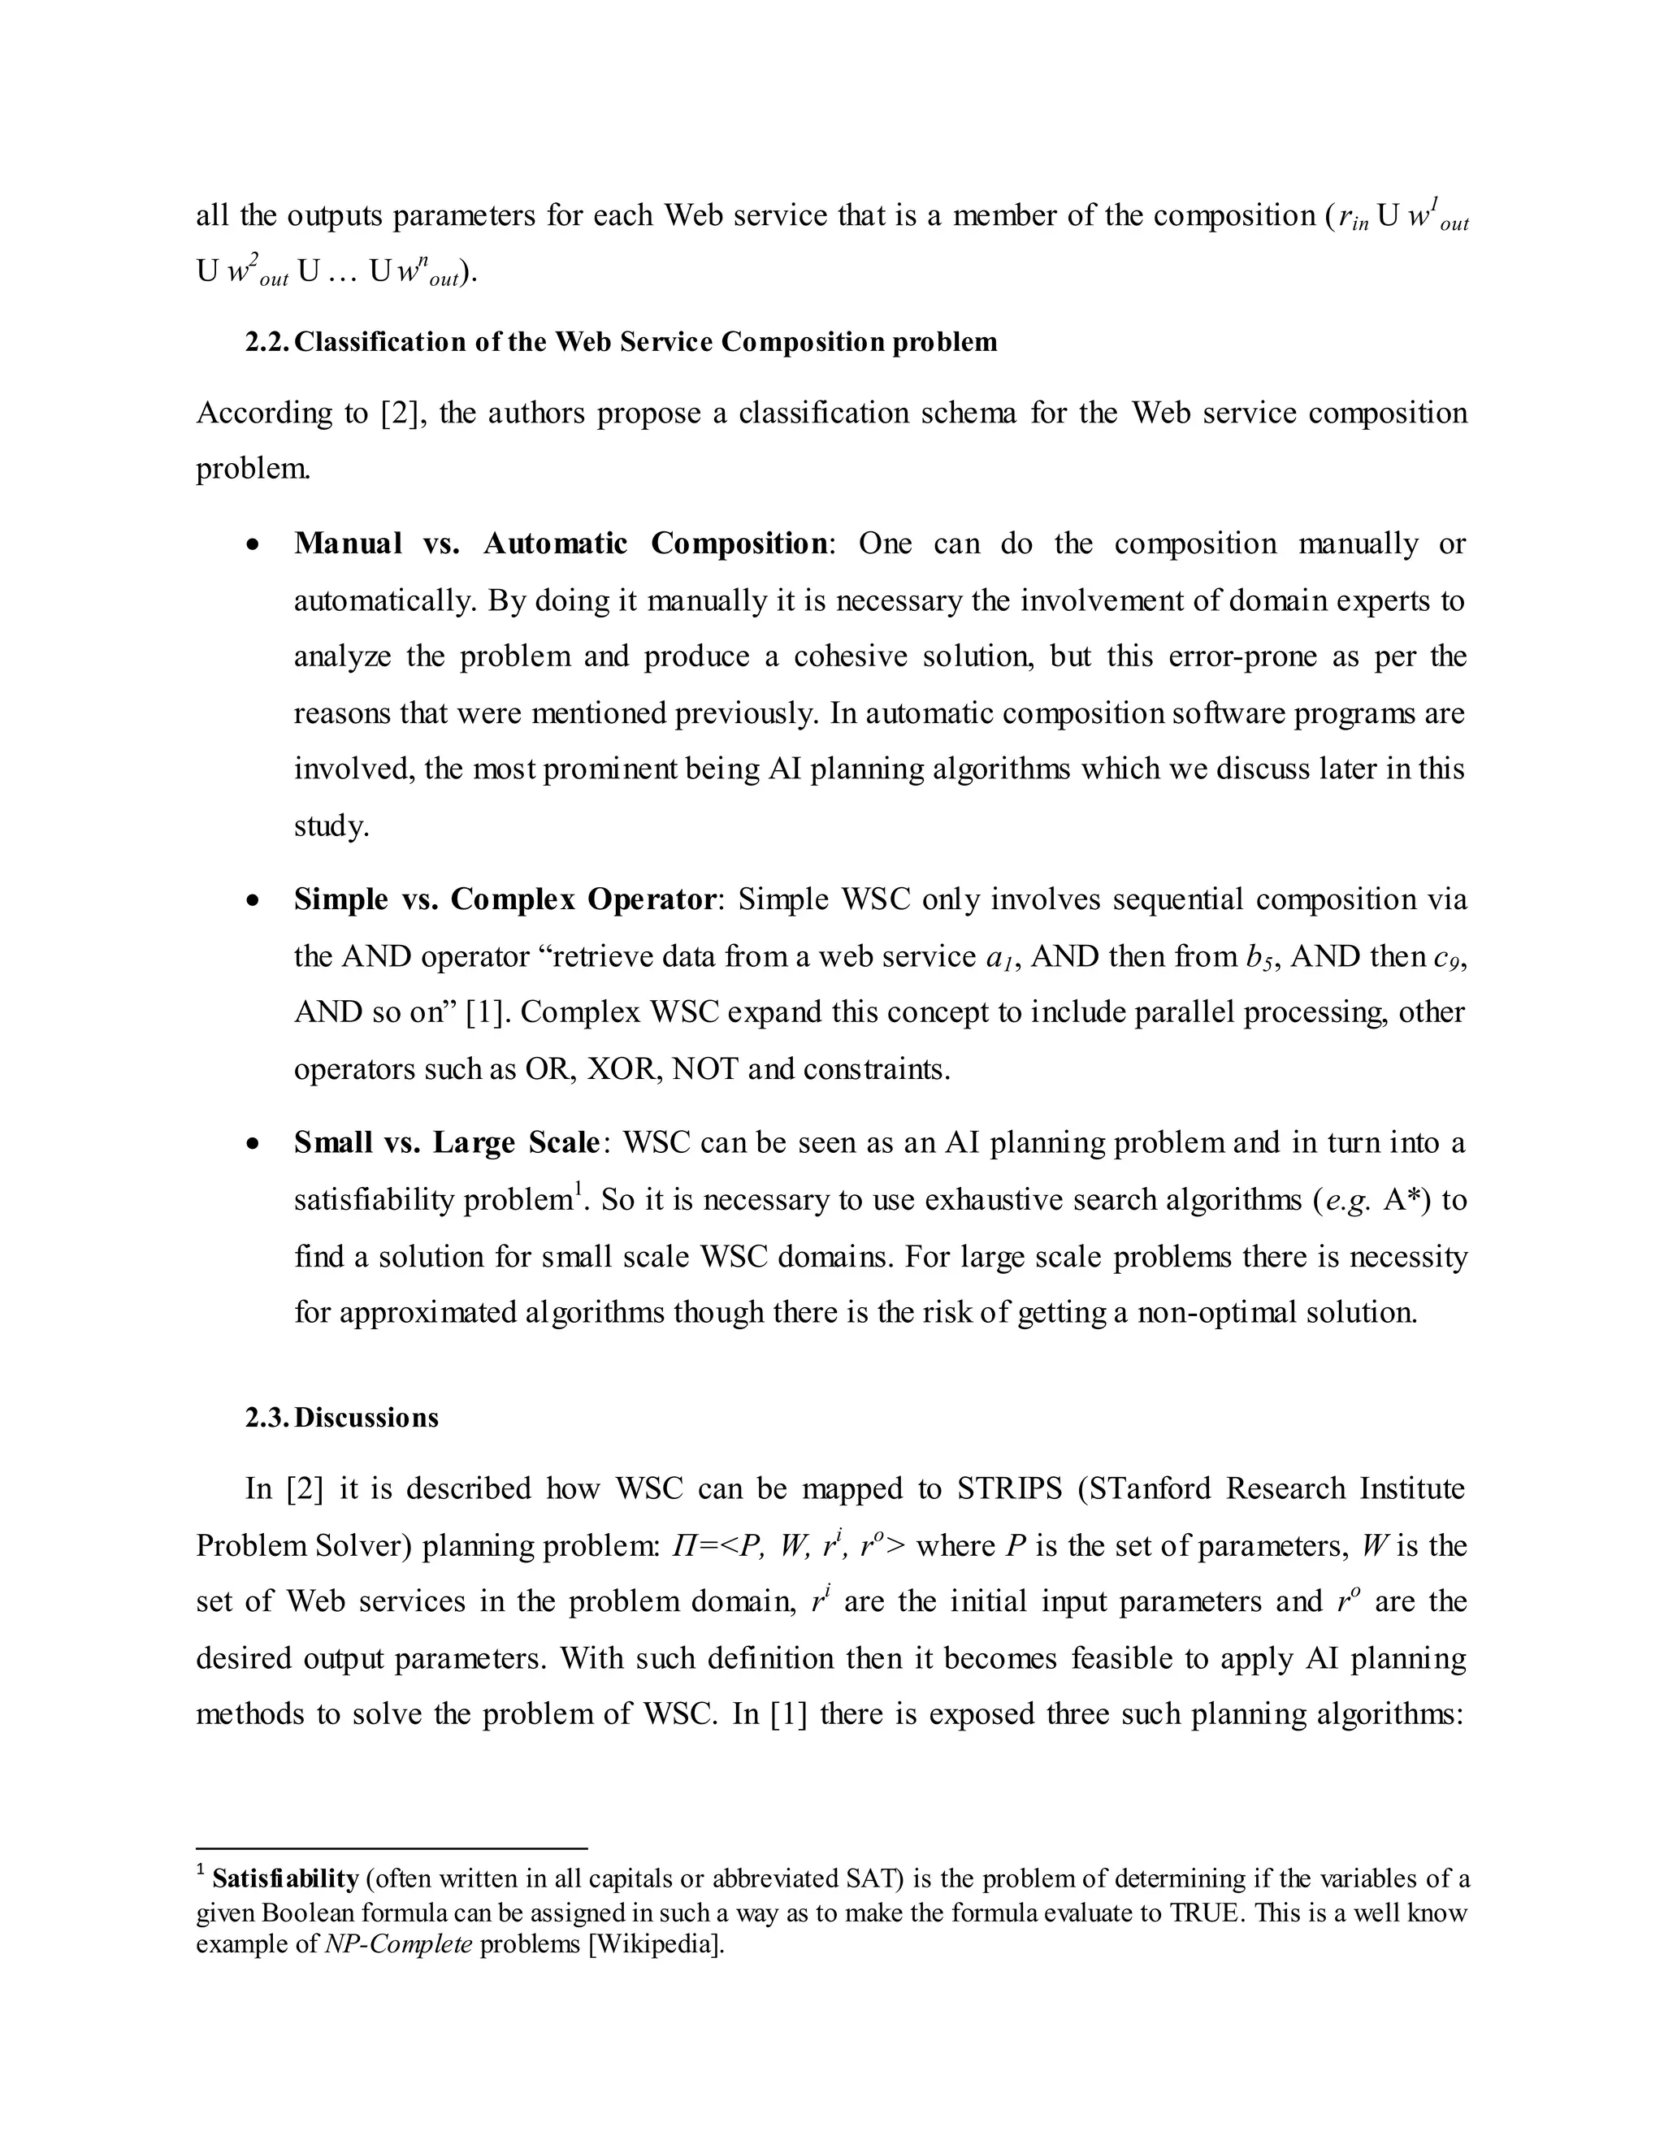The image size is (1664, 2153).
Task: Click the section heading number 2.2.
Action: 267,342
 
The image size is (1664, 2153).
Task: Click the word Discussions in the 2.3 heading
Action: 366,1418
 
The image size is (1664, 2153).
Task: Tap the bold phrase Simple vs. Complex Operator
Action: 504,899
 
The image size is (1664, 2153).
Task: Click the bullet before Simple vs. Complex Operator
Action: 254,901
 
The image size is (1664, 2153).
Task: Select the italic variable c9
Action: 1446,957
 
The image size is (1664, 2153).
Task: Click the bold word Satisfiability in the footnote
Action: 285,1879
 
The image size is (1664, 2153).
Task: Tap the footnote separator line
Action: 392,1848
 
